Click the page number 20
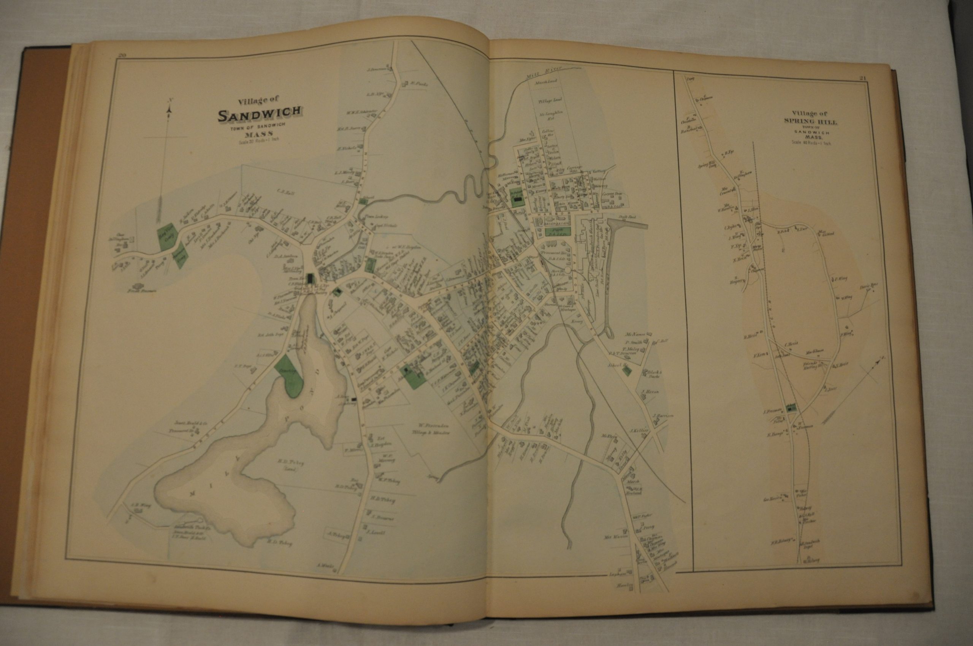click(x=122, y=57)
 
